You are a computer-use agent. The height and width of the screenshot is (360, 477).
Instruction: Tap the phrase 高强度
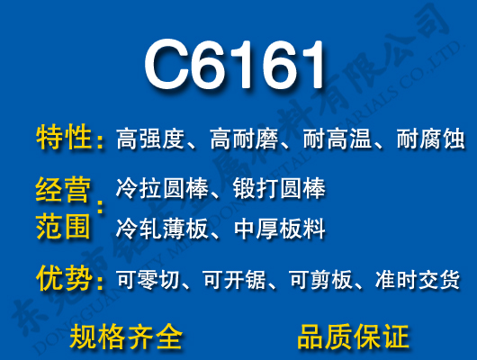pyautogui.click(x=149, y=139)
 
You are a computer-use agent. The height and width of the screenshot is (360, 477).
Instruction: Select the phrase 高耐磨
pyautogui.click(x=243, y=139)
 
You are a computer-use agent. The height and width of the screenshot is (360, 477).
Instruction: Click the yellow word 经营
pyautogui.click(x=64, y=190)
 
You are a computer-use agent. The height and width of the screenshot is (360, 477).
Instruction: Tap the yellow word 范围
pyautogui.click(x=64, y=226)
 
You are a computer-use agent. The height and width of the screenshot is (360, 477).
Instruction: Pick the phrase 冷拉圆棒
pyautogui.click(x=161, y=189)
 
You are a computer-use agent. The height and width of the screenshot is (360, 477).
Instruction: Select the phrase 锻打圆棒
pyautogui.click(x=278, y=189)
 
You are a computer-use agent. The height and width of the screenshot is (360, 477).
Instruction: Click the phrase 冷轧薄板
pyautogui.click(x=161, y=229)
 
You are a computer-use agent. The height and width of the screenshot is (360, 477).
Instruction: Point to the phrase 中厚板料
pyautogui.click(x=278, y=229)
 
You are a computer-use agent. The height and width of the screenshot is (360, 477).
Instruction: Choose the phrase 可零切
pyautogui.click(x=148, y=280)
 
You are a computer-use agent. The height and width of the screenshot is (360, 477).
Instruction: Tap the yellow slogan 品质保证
pyautogui.click(x=352, y=337)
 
